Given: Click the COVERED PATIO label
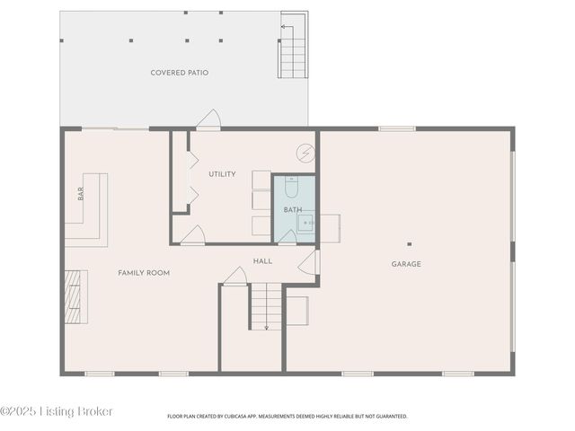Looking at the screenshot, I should click(180, 73).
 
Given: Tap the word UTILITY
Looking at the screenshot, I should click(222, 174).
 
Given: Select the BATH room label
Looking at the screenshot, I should click(293, 210).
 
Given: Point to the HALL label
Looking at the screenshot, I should click(262, 261).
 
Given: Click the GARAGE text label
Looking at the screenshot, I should click(406, 264).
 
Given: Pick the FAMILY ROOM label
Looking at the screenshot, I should click(144, 272).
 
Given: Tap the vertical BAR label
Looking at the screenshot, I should click(81, 193).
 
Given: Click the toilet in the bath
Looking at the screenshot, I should click(292, 189).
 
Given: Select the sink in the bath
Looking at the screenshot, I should click(306, 222).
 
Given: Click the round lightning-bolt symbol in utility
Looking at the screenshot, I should click(306, 154).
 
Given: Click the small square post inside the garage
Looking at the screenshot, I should click(409, 243).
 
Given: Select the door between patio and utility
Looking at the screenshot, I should click(208, 120).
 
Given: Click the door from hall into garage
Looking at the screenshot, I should click(309, 262).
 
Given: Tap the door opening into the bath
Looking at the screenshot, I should click(287, 236).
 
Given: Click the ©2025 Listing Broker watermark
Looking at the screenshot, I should click(57, 411).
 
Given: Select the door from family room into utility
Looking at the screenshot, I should click(192, 235).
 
